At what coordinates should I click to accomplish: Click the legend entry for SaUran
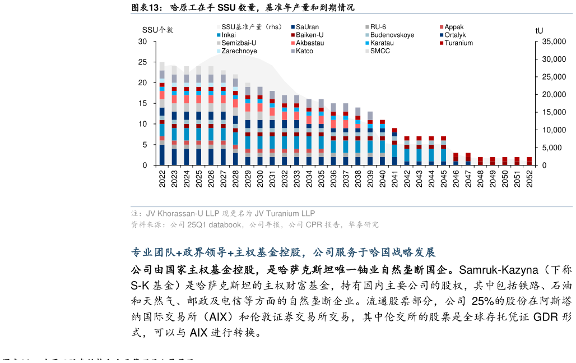tap(307, 27)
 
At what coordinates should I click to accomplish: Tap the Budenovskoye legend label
tap(392, 35)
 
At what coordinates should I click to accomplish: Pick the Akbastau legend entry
tap(310, 43)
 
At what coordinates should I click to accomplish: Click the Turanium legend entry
tap(458, 43)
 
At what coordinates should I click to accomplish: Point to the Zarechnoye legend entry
tap(239, 51)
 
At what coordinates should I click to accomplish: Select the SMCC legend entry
tap(380, 51)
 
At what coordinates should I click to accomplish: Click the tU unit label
tap(539, 30)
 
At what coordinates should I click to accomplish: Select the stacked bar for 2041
tap(394, 146)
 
